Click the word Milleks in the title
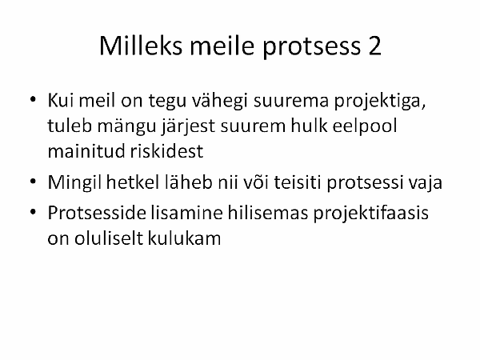coord(141,46)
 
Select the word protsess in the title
coord(311,47)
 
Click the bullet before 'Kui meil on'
coord(33,99)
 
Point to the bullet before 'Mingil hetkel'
coord(33,182)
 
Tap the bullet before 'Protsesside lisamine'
coord(33,212)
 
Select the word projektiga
coord(380,101)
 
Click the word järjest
coord(189,126)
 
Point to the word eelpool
coord(365,126)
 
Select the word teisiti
coord(298,182)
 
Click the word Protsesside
coord(97,212)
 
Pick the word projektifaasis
coord(370,214)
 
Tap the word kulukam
coord(184,238)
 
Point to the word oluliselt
coord(109,238)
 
